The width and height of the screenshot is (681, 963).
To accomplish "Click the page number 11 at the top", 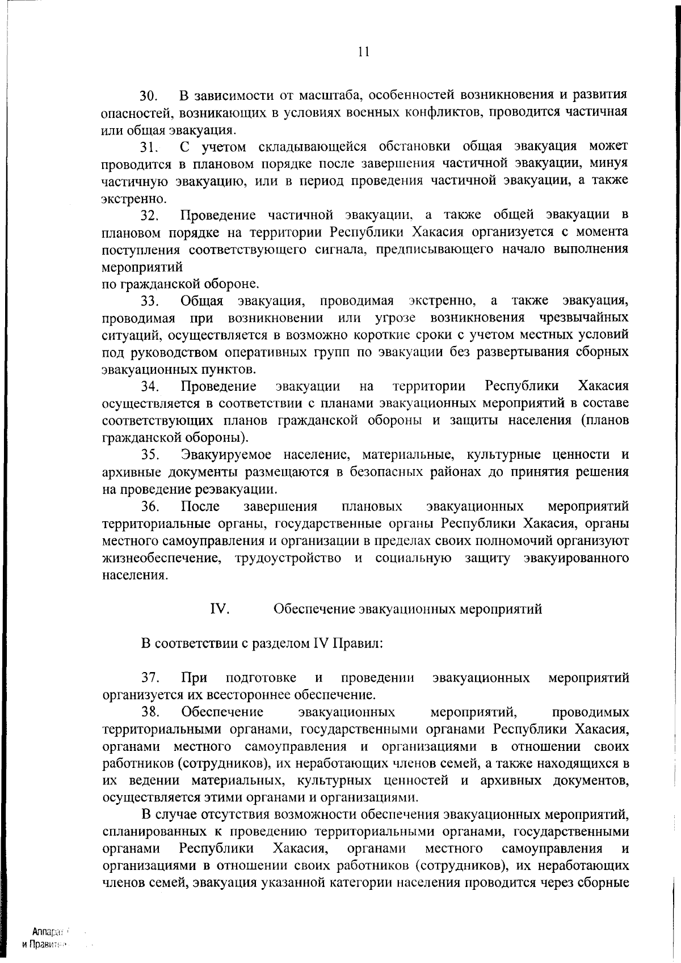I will [364, 52].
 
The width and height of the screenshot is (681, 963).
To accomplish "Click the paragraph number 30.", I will [152, 95].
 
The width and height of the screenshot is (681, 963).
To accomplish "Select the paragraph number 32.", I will [152, 216].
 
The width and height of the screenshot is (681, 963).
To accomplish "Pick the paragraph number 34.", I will [152, 387].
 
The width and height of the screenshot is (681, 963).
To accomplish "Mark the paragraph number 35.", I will [152, 455].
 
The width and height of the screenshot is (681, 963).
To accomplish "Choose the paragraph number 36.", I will [152, 506].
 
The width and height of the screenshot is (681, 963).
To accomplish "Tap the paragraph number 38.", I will [152, 712].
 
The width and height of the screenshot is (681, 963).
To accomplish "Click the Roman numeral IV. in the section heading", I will [220, 609].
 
